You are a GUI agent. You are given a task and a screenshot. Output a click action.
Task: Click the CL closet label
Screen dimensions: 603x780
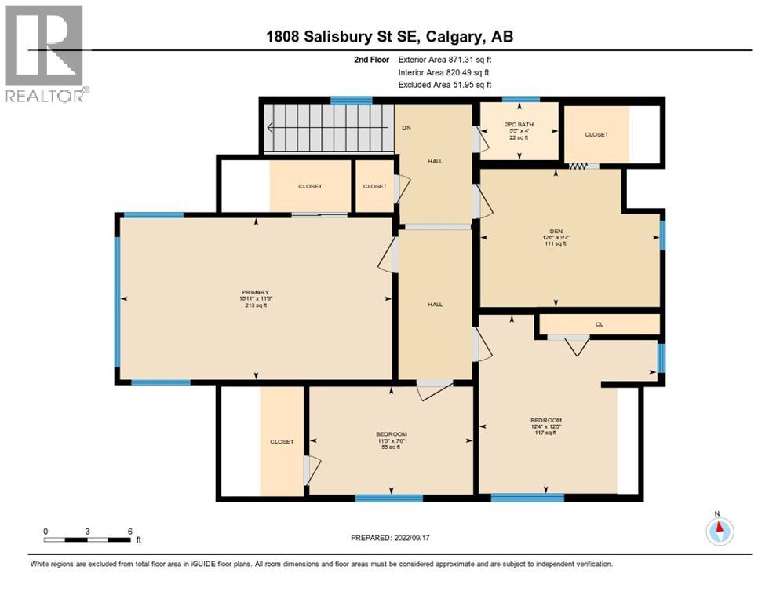(600, 324)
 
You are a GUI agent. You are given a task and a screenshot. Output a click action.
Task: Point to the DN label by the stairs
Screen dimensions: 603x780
(406, 127)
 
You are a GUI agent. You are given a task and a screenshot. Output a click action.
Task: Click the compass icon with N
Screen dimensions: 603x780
(719, 532)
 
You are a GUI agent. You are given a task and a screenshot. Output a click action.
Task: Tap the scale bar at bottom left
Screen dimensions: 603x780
(88, 539)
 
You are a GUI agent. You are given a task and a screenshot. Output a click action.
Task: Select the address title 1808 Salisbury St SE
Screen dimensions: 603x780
(389, 36)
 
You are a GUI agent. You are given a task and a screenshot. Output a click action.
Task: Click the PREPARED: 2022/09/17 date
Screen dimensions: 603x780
(390, 538)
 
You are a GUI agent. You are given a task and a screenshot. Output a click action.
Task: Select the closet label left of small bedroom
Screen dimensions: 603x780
(282, 441)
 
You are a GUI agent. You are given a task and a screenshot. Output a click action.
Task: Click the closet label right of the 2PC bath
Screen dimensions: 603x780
(596, 134)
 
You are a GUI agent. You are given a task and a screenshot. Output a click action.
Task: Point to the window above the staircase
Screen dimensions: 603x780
(351, 100)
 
